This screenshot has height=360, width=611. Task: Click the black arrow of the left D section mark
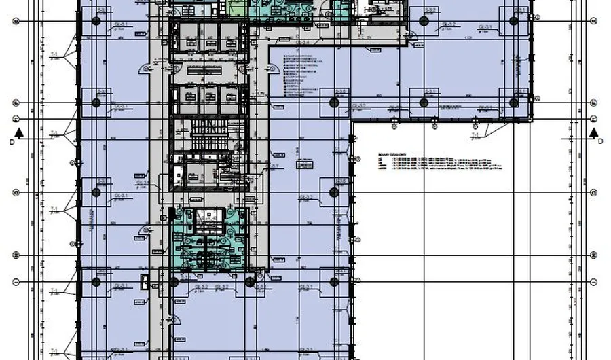[x=20, y=132]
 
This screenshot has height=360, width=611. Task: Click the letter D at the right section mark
[x=600, y=141]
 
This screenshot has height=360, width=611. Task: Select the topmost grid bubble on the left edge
[x=16, y=21]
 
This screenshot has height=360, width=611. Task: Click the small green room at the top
[x=238, y=9]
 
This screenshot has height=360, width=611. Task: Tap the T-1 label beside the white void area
[x=475, y=135]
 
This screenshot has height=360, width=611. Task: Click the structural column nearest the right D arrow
[x=514, y=103]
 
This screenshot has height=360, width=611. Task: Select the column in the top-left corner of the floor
[x=96, y=21]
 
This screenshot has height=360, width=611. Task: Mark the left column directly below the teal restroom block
[x=174, y=281]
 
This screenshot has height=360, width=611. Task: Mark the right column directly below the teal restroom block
[x=250, y=281]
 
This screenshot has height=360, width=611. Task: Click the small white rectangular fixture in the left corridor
[x=143, y=281]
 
